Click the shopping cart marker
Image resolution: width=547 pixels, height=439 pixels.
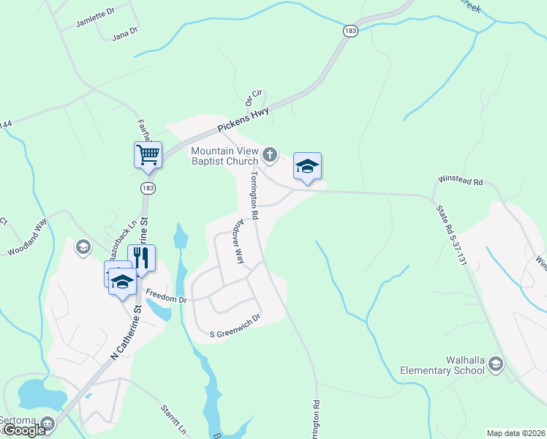[148, 155]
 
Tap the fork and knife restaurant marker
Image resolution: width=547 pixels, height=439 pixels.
[141, 258]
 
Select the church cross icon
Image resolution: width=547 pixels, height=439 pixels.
[270, 154]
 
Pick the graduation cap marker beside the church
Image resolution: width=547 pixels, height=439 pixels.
[307, 166]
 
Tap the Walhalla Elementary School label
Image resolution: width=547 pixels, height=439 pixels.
[442, 365]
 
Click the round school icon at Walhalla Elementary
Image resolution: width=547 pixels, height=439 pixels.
[497, 364]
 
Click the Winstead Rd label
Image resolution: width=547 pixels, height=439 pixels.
[461, 180]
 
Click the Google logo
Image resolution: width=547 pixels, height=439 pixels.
[25, 430]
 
